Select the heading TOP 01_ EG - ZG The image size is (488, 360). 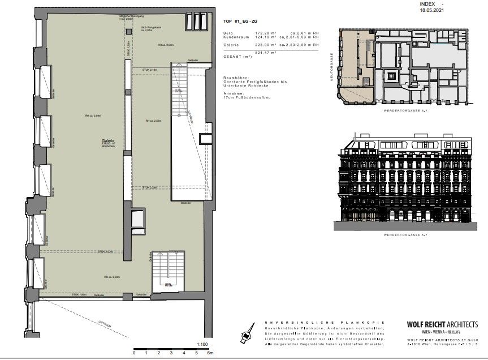pyautogui.click(x=240, y=21)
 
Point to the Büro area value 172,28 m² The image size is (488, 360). pyautogui.click(x=264, y=34)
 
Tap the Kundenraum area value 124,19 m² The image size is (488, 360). pyautogui.click(x=264, y=38)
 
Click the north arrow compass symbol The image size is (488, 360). pyautogui.click(x=247, y=335)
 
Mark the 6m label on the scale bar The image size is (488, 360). pyautogui.click(x=209, y=353)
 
